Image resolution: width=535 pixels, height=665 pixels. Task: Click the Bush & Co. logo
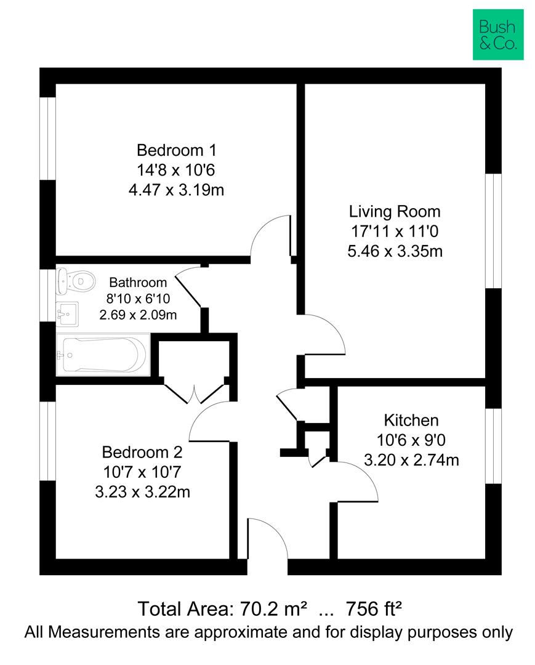pos(498,34)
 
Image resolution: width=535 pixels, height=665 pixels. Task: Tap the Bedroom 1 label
pos(176,150)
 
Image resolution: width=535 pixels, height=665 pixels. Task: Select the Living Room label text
pos(395,212)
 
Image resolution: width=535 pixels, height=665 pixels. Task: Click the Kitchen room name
pos(411,421)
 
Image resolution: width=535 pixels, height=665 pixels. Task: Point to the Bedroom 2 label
pos(142,453)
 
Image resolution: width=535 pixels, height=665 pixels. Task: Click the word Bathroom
pos(138,283)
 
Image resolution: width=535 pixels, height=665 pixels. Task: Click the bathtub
pos(102,355)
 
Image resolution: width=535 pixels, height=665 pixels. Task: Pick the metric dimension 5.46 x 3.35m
pos(395,251)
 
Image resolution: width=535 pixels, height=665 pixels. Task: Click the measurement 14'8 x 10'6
pos(176,170)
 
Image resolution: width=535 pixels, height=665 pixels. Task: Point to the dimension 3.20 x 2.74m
pos(411,460)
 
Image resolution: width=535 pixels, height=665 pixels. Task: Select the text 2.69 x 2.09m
pos(138,315)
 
